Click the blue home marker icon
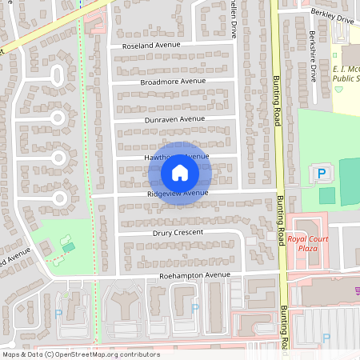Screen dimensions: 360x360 pos(180,172)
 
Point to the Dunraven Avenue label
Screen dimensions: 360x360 pos(175,118)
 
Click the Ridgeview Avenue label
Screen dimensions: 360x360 pos(178,193)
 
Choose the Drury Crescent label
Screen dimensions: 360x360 pos(178,233)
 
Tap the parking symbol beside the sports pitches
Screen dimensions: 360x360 pos(322,173)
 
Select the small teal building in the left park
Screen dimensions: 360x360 pos(68,247)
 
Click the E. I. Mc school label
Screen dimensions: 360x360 pos(345,74)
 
